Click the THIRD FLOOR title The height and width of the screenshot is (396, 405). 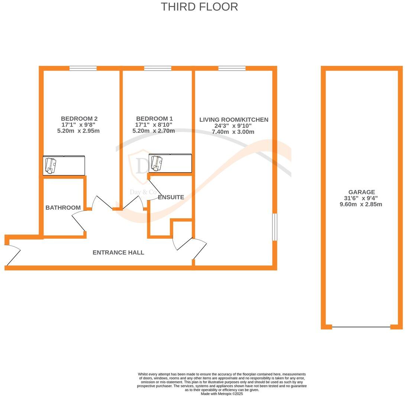(199, 7)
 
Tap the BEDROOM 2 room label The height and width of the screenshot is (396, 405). (79, 119)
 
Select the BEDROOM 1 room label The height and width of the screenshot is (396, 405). (154, 119)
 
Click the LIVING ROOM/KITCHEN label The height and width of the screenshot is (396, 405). (234, 120)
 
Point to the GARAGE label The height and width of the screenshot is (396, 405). (361, 192)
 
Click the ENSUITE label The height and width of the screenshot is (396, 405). (171, 197)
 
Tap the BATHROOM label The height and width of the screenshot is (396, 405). (63, 208)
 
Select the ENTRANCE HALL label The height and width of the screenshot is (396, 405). (118, 252)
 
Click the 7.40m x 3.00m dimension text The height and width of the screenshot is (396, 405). (233, 132)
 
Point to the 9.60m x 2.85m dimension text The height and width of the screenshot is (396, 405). (361, 204)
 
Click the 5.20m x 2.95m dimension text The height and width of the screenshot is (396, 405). (78, 131)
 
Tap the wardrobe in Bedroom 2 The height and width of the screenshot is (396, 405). (64, 165)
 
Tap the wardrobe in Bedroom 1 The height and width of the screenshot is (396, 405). (170, 163)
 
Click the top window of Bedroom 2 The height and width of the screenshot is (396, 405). (83, 68)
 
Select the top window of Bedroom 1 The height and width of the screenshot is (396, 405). (158, 68)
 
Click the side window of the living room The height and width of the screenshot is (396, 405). (275, 227)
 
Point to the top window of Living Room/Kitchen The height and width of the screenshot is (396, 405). (232, 68)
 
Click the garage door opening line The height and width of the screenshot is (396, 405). (361, 327)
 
